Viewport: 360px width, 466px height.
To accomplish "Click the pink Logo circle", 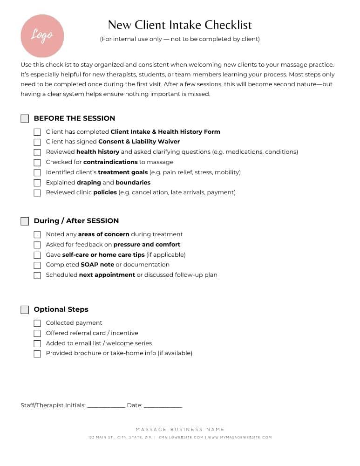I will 42,36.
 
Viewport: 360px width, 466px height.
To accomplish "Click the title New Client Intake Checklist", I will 180,25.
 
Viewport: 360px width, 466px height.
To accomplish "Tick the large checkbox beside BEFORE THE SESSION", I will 25,118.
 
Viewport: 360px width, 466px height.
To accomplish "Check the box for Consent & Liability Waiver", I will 37,142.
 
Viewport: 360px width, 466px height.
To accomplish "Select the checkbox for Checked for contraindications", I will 37,162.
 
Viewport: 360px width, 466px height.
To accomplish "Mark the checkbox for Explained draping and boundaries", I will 37,183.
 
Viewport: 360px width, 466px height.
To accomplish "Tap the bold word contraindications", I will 110,162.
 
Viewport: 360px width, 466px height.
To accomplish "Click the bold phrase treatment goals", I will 122,172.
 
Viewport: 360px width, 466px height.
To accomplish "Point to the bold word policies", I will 105,192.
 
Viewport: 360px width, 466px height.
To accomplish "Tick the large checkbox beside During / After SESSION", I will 25,221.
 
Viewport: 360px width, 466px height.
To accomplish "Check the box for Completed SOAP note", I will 37,265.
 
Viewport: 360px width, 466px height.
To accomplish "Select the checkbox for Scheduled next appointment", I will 37,275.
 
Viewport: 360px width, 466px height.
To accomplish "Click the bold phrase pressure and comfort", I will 147,245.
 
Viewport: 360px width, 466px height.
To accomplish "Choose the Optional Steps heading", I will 61,309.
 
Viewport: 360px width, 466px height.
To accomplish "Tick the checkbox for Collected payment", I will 37,323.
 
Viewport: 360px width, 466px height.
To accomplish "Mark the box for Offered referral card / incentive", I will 37,334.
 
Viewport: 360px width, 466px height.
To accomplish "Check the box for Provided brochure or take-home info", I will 37,354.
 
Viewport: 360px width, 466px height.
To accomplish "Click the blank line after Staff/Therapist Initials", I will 106,406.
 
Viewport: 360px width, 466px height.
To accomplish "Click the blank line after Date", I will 163,406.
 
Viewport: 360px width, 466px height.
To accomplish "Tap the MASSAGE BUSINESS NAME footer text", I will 180,430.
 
